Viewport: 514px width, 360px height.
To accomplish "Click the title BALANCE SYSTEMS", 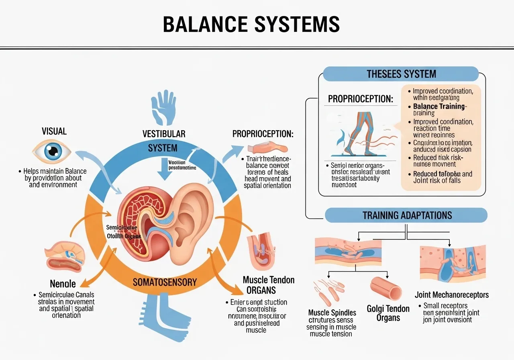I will point(251,25).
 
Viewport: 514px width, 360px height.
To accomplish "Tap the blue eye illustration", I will point(51,152).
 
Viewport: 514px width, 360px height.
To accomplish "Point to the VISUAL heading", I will point(54,131).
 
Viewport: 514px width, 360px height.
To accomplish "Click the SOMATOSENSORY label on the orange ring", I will point(165,282).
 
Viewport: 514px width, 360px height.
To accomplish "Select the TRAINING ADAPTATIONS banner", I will point(407,215).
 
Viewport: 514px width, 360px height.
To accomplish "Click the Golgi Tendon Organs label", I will point(388,313).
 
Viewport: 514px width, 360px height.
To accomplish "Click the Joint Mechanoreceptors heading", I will point(452,295).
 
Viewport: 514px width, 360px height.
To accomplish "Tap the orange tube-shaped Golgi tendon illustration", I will point(386,288).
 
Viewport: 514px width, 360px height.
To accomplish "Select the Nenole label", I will point(63,284).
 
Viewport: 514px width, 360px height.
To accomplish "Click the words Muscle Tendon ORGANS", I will point(268,284).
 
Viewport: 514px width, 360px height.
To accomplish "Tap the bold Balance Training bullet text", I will point(439,107).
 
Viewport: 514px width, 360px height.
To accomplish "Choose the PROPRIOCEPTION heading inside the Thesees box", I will point(361,98).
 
